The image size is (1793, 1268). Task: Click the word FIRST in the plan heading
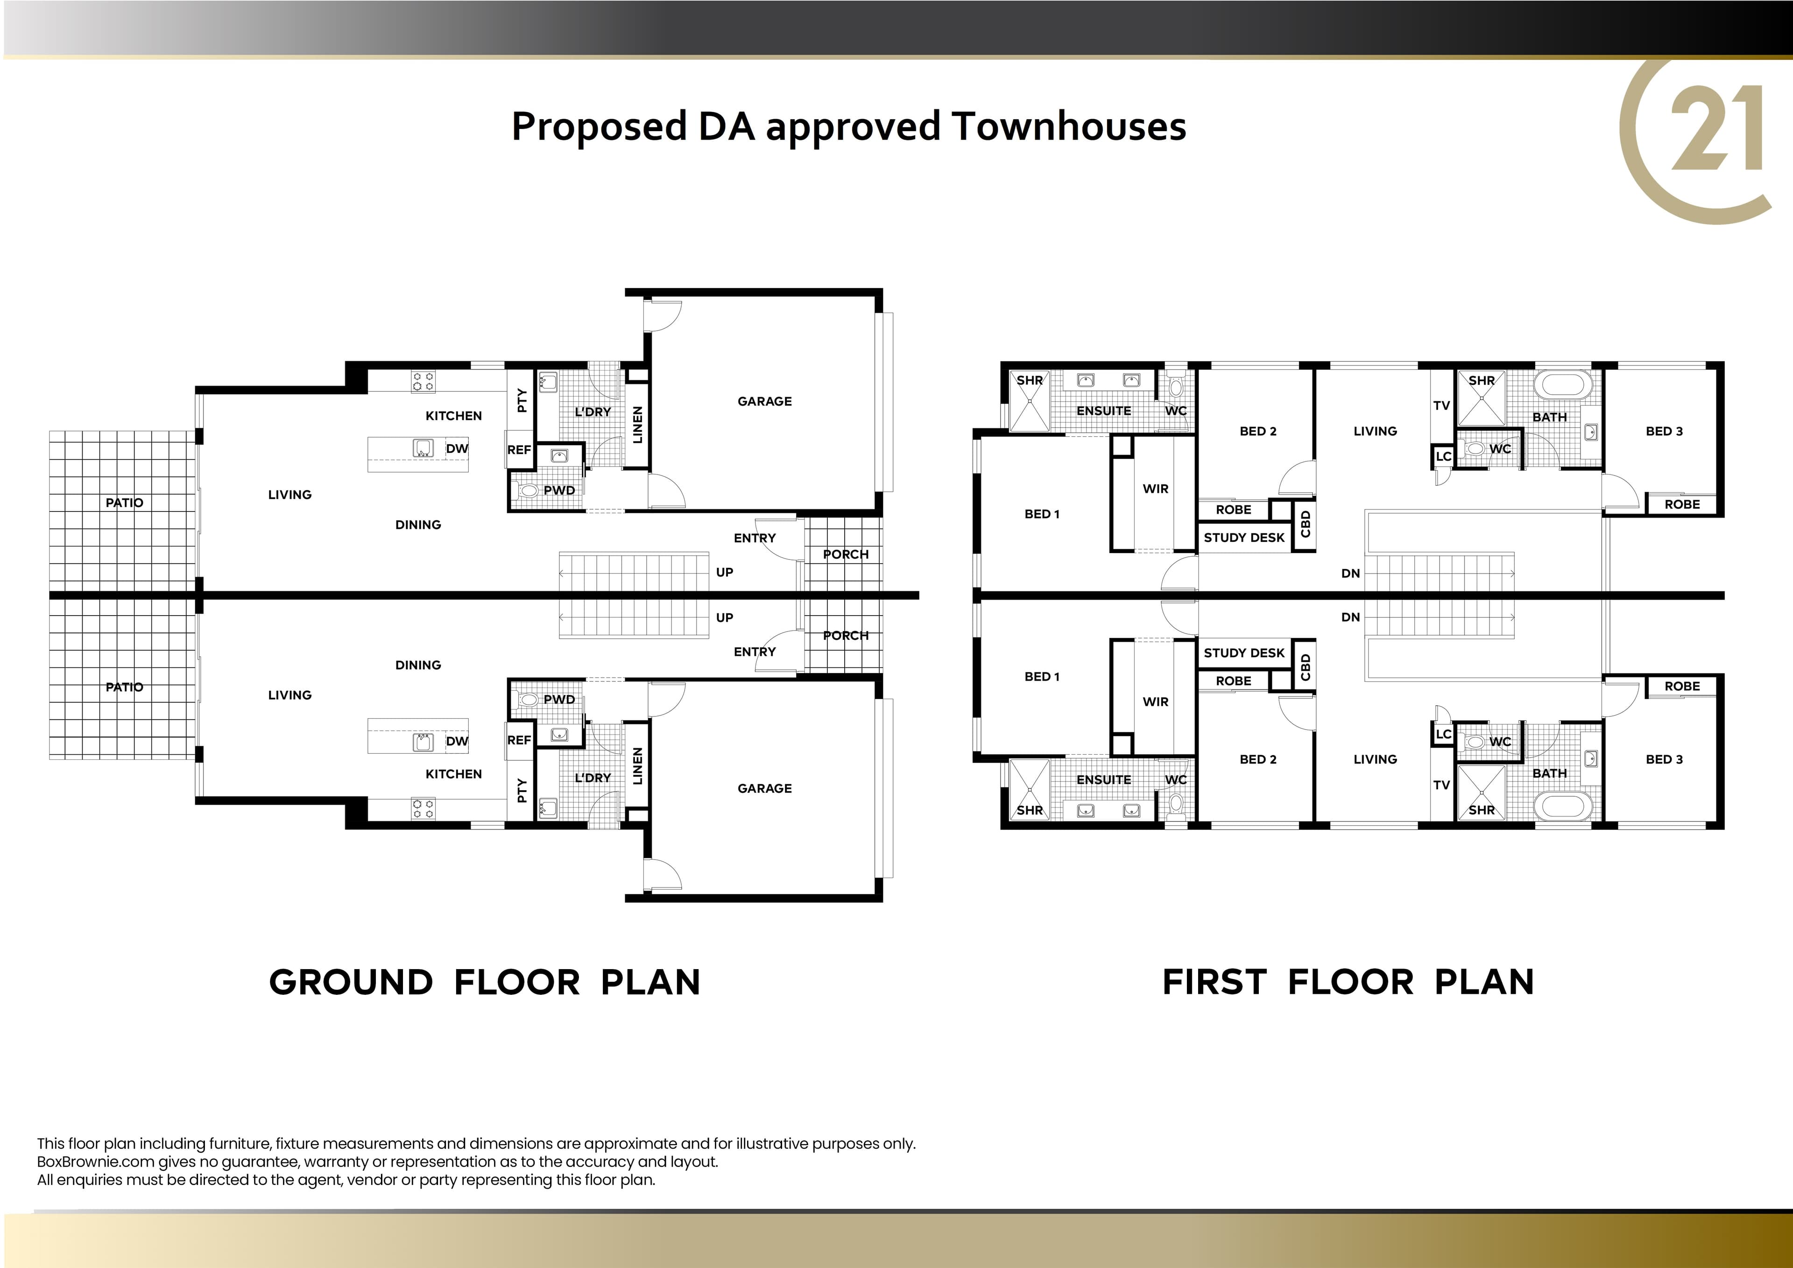(1214, 982)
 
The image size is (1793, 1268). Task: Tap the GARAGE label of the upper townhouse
(764, 402)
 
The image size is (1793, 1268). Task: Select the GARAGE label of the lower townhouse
(764, 788)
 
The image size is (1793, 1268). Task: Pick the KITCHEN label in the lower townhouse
(454, 774)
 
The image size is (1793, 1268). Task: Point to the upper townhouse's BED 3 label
(1664, 431)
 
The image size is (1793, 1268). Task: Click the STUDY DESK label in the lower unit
(1244, 653)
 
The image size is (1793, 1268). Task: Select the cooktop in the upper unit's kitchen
(423, 382)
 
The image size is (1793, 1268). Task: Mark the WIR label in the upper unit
(1156, 489)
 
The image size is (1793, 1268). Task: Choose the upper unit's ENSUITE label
(1103, 411)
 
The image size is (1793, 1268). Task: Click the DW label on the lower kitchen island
(457, 742)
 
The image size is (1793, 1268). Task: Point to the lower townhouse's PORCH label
(846, 636)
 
